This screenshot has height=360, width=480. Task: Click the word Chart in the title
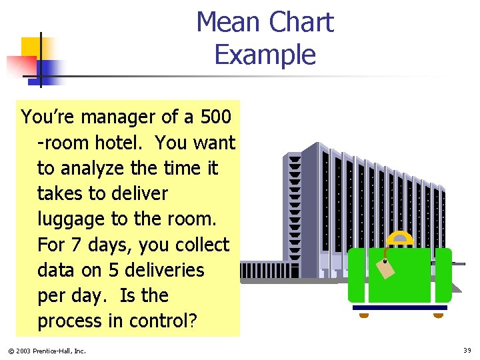(301, 23)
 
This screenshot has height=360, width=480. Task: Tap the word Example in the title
(265, 54)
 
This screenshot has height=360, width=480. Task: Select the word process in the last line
(70, 321)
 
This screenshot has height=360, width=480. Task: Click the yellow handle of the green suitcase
(400, 239)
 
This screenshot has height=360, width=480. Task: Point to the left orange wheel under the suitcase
(364, 315)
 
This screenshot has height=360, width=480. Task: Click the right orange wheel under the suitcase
(437, 315)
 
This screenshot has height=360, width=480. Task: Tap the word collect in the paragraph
(203, 245)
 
